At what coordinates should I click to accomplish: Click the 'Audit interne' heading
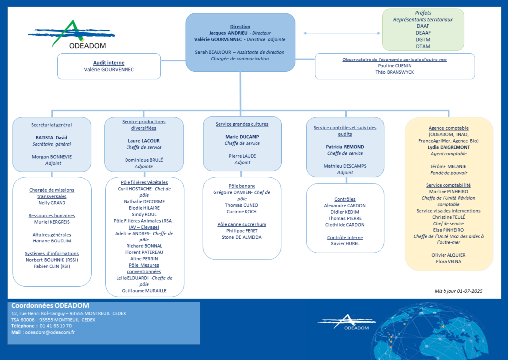coord(109,63)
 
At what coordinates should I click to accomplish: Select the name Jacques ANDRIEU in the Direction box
coord(228,33)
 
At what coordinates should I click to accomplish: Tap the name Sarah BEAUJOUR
coord(213,52)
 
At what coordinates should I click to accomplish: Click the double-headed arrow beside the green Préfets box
coord(341,33)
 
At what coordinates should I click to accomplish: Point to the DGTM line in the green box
coord(423,40)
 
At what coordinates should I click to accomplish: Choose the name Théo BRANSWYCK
coord(394,72)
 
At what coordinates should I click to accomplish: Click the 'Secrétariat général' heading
coord(52,125)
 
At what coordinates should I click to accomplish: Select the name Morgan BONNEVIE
coord(52,157)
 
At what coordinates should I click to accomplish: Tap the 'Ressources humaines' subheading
coord(52,216)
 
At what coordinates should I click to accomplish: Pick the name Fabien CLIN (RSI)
coord(52,266)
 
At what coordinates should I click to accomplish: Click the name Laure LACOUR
coord(144,141)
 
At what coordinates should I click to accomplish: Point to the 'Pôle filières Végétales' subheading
coord(144,182)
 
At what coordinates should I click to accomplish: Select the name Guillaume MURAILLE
coord(144,291)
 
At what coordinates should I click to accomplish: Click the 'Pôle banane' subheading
coord(242,186)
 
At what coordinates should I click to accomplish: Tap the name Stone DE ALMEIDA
coord(242,237)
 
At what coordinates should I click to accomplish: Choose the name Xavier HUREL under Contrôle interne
coord(345,244)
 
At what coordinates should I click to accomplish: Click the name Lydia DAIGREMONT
coord(448,147)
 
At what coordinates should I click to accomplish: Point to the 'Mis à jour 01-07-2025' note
coord(458,291)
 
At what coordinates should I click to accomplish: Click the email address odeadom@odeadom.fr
coord(50,332)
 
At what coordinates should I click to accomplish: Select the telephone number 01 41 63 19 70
coord(56,326)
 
